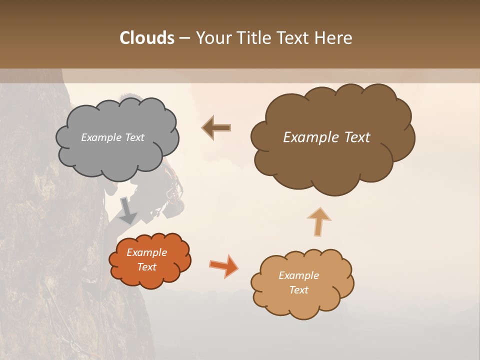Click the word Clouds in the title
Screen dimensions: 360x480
coord(147,38)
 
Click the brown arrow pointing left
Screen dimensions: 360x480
coord(217,128)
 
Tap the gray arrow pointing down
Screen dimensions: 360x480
coord(128,211)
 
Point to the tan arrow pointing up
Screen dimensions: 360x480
coord(319,221)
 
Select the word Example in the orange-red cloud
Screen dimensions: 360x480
coord(147,252)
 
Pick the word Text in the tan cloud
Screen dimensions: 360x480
coord(298,290)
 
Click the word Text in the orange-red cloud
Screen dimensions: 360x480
coord(147,267)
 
